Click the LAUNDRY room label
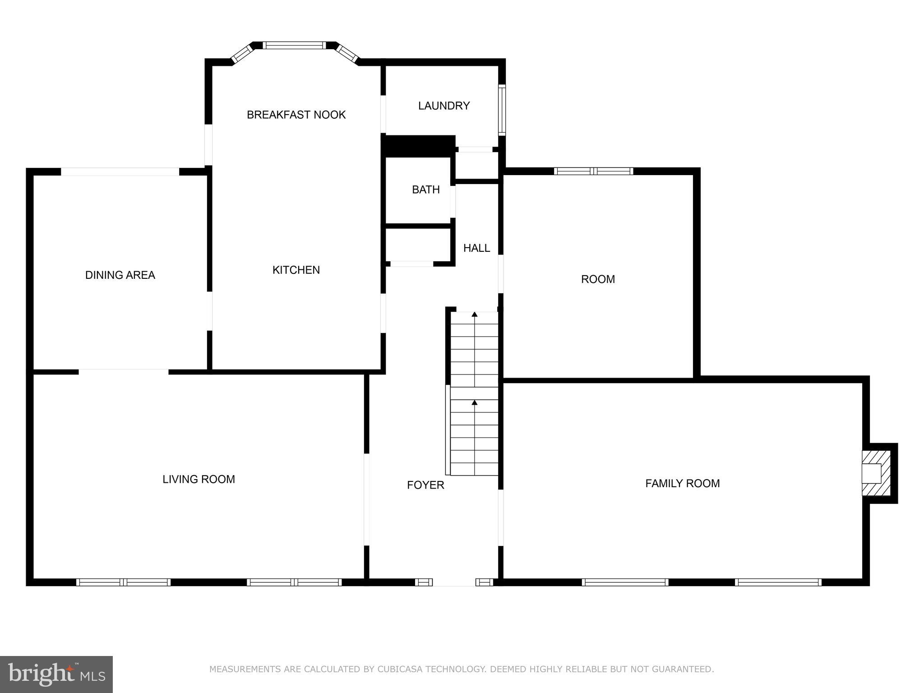(x=444, y=106)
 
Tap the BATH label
(x=425, y=189)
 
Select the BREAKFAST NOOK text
(x=296, y=115)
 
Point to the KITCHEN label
(x=296, y=270)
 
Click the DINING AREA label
(x=120, y=275)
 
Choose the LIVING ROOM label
(x=199, y=479)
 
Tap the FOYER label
(x=425, y=485)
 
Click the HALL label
(x=476, y=248)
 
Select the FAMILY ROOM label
(x=682, y=483)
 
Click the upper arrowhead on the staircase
(x=474, y=314)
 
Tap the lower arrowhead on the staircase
(x=474, y=402)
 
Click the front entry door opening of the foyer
(x=454, y=582)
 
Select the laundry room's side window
(x=502, y=110)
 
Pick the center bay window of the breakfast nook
(x=294, y=45)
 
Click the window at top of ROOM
(x=593, y=171)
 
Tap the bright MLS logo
(x=56, y=674)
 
